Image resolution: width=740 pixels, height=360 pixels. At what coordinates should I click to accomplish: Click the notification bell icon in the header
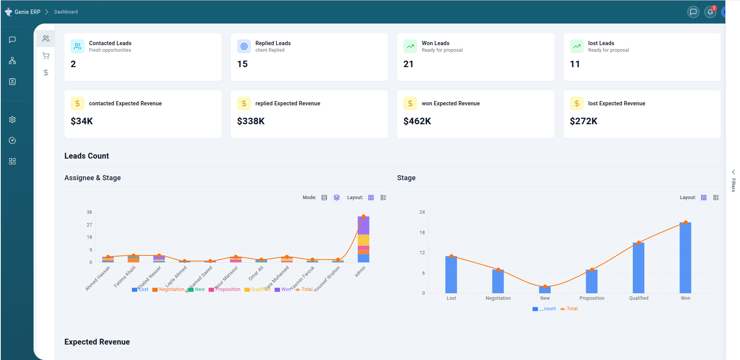click(710, 12)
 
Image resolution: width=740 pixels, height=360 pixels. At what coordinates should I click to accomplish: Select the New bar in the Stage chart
click(545, 290)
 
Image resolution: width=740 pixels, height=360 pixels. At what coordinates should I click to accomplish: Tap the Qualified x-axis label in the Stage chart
click(639, 298)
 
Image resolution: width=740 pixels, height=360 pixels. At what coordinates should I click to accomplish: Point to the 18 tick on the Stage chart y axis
click(422, 233)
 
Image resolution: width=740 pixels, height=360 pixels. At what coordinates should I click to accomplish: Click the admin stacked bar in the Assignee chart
click(363, 239)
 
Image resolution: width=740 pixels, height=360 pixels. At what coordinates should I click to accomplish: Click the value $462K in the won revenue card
click(417, 121)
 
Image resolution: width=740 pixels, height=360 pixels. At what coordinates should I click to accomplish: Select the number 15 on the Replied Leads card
click(242, 64)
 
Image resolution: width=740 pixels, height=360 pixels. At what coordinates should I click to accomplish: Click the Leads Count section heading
click(87, 156)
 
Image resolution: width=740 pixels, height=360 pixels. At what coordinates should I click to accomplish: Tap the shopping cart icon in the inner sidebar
click(46, 56)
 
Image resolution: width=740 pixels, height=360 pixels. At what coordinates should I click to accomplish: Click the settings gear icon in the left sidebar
click(12, 120)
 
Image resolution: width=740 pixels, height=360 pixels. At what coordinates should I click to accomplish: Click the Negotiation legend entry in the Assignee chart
click(169, 289)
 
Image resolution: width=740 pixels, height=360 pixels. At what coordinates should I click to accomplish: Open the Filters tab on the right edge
click(733, 181)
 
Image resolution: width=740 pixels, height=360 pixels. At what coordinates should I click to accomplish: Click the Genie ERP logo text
click(27, 12)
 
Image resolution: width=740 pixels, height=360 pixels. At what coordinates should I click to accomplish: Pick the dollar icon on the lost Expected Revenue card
click(576, 103)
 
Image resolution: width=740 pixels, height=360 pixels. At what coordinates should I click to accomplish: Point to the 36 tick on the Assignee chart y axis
click(89, 212)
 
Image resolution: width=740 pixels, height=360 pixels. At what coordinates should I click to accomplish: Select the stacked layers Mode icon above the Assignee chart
click(337, 198)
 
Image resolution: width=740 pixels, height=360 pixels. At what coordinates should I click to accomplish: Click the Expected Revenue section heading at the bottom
click(97, 342)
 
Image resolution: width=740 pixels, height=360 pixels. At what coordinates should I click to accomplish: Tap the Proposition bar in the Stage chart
click(592, 281)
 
